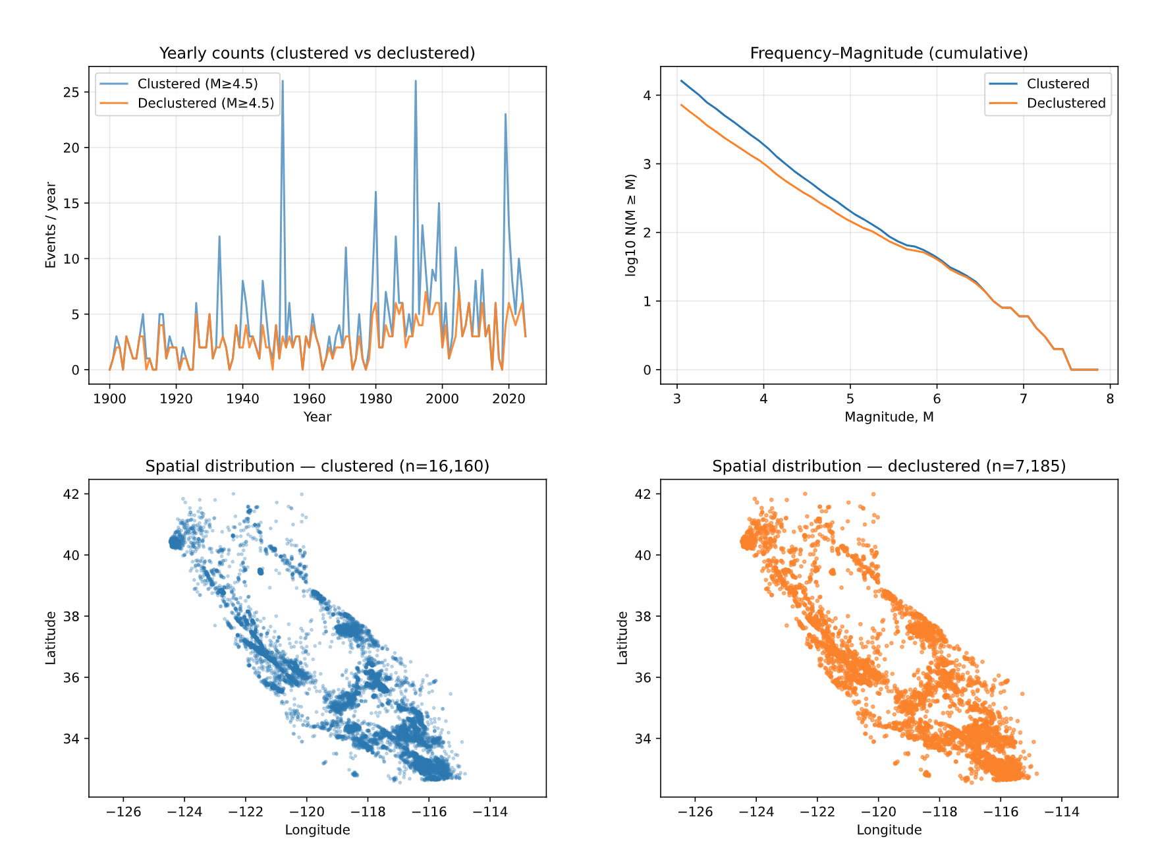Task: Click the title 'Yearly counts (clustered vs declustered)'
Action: point(317,53)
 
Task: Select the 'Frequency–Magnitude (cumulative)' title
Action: point(889,53)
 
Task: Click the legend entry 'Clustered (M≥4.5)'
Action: point(197,84)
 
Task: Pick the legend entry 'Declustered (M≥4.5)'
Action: point(206,103)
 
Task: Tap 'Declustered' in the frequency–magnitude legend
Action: point(1066,103)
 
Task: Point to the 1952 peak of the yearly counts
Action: point(283,82)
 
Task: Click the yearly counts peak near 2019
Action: point(505,115)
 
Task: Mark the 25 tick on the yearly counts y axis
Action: point(71,92)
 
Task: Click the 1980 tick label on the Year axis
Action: point(375,399)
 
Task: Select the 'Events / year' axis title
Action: point(51,225)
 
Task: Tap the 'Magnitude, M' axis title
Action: point(889,417)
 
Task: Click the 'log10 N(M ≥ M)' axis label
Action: point(631,225)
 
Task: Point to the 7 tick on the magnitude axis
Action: point(1023,399)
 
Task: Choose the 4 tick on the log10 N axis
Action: point(647,96)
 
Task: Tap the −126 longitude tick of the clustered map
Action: point(123,812)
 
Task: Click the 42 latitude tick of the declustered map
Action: point(643,494)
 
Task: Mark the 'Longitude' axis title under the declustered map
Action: point(889,830)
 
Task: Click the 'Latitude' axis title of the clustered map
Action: point(51,638)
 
